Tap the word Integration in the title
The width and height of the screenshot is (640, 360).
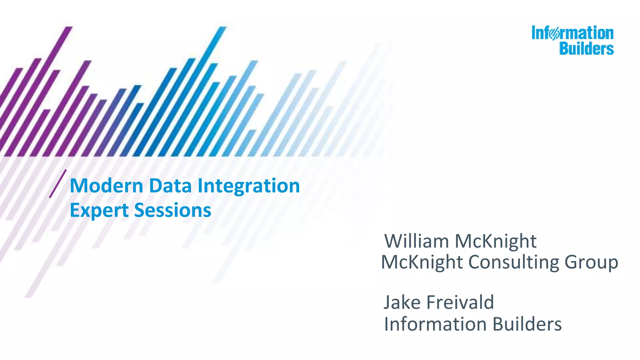tap(248, 186)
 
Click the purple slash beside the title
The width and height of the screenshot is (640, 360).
tap(58, 184)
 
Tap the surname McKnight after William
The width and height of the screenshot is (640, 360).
tap(495, 242)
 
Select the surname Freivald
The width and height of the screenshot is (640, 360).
tap(460, 302)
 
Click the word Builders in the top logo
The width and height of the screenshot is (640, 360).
tap(586, 49)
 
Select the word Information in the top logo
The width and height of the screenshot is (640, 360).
tap(572, 33)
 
